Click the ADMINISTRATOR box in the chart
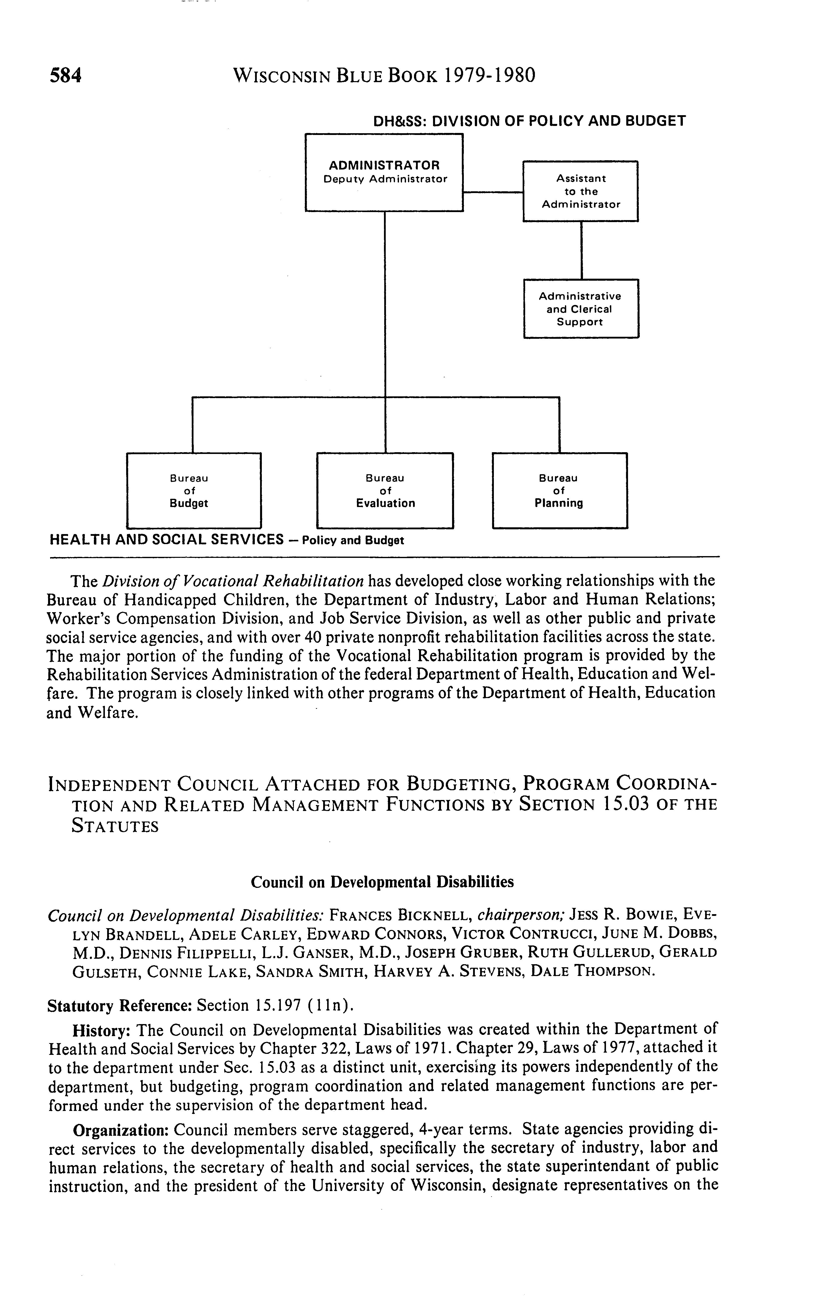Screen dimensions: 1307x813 pos(384,172)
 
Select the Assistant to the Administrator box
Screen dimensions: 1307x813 pos(581,191)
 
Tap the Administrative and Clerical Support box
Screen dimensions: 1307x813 pos(581,309)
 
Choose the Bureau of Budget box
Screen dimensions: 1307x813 pos(193,491)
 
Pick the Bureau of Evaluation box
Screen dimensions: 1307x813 pos(385,491)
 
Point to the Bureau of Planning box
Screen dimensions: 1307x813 pos(559,491)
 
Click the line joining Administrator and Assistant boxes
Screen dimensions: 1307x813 pos(493,192)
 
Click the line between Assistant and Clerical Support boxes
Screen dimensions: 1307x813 pos(581,250)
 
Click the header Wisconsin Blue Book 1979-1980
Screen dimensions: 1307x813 pos(384,75)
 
